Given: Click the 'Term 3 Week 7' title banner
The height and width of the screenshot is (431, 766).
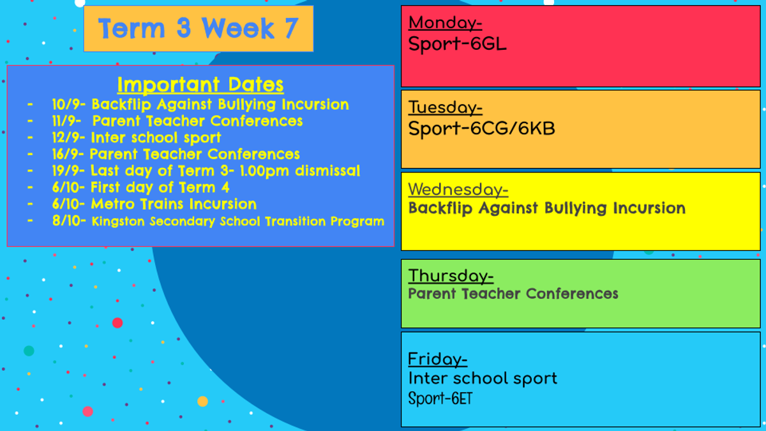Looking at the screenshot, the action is (199, 29).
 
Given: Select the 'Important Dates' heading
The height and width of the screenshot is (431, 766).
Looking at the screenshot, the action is (200, 84).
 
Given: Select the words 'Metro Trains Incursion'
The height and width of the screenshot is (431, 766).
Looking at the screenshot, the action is (174, 204).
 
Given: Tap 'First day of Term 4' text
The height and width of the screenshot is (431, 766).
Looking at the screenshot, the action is (160, 188).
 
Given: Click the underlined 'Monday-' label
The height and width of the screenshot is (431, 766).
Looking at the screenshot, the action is (446, 23).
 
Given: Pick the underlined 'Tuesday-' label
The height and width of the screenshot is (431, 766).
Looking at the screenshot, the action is (446, 107).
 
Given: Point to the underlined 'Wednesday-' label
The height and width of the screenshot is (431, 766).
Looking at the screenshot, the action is (458, 190).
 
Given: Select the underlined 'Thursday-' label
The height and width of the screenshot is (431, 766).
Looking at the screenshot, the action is (451, 276).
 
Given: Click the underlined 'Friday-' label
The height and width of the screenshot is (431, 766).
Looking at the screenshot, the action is (438, 359).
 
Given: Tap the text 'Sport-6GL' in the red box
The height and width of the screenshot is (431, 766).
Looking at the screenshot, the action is (457, 44).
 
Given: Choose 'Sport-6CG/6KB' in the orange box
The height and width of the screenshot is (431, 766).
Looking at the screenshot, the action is (481, 128).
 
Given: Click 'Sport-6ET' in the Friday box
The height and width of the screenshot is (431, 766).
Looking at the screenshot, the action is (440, 398).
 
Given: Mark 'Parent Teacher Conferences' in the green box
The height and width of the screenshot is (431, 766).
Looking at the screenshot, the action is (513, 294).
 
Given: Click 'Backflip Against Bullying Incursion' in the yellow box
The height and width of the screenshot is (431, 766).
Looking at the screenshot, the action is (547, 208).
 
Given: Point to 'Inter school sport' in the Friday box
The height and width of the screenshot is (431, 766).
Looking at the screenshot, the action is (483, 379).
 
